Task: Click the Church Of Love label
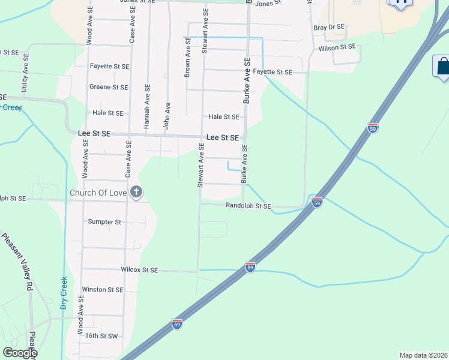(98, 193)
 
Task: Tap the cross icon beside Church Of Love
(136, 192)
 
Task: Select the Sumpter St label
(104, 222)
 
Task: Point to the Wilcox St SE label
(139, 270)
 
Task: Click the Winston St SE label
(102, 289)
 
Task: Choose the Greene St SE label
(109, 87)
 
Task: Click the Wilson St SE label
(337, 47)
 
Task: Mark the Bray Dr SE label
(329, 27)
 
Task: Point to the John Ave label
(167, 115)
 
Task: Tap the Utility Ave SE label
(26, 75)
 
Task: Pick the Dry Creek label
(64, 292)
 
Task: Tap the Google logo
(20, 353)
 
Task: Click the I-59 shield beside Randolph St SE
(317, 202)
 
